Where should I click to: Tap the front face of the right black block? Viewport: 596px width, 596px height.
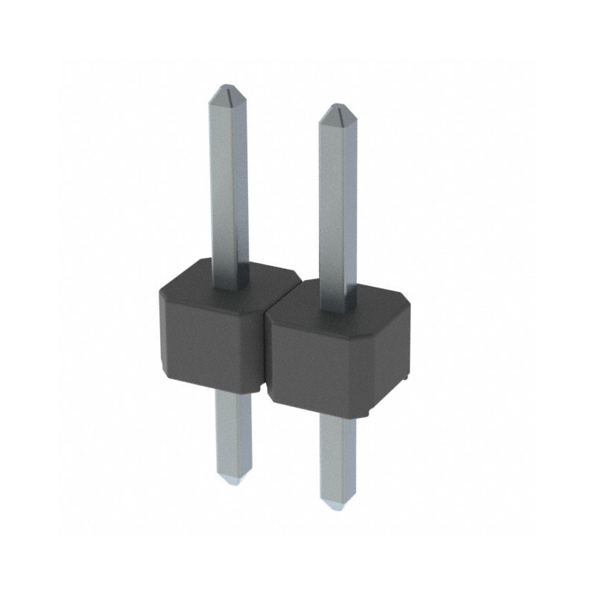320,365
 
